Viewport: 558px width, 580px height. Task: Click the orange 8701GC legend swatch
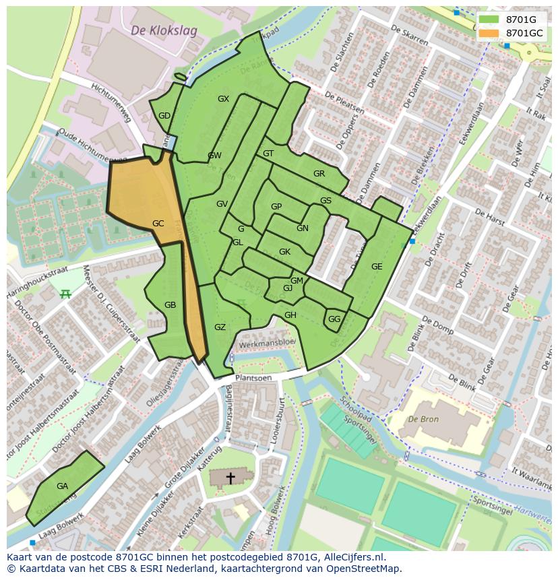click(489, 33)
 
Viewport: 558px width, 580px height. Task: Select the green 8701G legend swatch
click(489, 20)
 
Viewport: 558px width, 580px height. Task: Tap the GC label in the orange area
click(158, 224)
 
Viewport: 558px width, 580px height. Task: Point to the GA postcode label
click(62, 486)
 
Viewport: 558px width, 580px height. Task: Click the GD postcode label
click(164, 116)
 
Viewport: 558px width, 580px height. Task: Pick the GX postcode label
click(223, 99)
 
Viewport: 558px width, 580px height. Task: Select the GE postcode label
click(376, 267)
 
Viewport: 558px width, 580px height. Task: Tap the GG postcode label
click(334, 319)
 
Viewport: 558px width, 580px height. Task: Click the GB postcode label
click(170, 305)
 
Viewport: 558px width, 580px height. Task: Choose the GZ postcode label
click(220, 327)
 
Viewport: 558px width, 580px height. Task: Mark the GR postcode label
click(319, 174)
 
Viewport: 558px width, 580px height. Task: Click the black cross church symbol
click(230, 478)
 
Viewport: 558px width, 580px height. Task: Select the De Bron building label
click(423, 419)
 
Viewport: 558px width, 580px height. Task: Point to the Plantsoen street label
click(254, 379)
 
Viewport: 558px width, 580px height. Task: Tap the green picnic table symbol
click(65, 294)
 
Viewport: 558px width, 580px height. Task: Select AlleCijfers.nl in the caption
click(350, 557)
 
